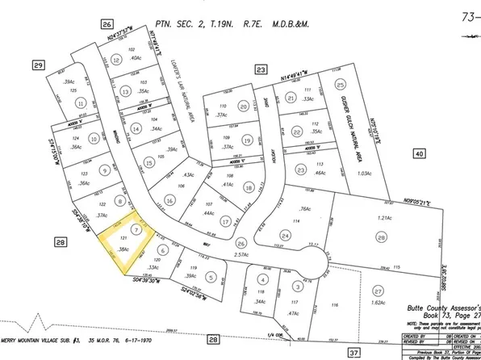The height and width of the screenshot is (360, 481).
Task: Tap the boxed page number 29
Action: (x=38, y=64)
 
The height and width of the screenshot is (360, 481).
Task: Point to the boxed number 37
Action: (x=352, y=353)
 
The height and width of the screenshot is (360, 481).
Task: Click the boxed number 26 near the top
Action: (x=107, y=25)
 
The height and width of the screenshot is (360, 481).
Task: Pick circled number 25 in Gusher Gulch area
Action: (x=340, y=84)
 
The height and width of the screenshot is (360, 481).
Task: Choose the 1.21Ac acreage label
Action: (x=384, y=219)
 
